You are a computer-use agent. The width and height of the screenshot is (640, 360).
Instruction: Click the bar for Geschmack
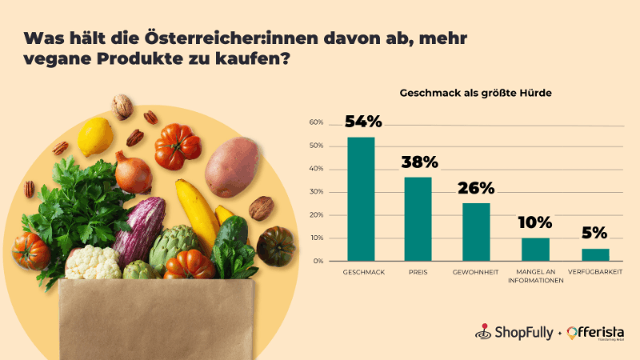pos(361,199)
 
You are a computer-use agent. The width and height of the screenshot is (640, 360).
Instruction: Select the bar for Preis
pos(418,218)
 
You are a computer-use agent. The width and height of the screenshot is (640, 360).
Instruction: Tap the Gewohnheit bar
pos(476,232)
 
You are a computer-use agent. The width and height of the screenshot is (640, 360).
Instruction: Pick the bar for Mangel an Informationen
pos(535,249)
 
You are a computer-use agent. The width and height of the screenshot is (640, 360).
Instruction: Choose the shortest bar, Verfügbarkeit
pos(594,254)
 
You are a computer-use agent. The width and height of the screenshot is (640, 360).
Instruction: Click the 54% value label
pos(362,122)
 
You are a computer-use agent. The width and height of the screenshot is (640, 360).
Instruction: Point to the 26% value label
pos(476,189)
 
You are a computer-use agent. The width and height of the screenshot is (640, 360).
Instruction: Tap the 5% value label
pos(594,234)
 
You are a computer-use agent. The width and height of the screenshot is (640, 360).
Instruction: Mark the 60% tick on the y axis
pos(316,123)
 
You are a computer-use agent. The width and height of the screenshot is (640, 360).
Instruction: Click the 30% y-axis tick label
pos(316,192)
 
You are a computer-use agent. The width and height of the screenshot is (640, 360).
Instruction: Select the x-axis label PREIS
pos(418,273)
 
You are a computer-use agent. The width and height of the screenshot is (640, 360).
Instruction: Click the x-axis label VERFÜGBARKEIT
pos(594,273)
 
